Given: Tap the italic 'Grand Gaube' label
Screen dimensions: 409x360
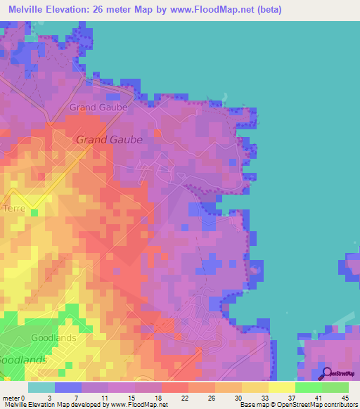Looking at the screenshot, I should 109,139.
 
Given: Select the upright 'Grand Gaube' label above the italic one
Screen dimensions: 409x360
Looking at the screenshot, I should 98,108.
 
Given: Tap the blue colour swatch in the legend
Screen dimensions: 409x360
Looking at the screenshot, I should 68,387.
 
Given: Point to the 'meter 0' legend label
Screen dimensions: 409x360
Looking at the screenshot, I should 15,398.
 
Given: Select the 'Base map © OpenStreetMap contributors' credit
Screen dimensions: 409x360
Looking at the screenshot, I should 298,405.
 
